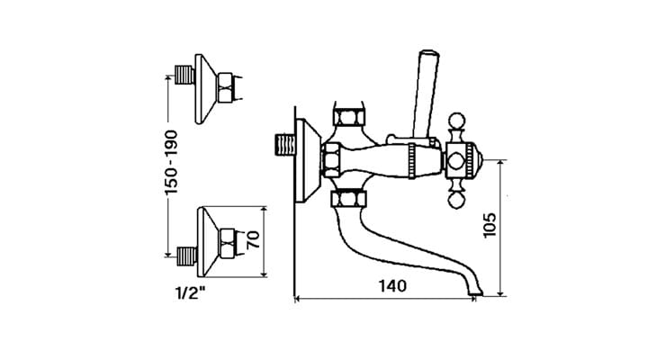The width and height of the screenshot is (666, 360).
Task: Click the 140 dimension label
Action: [x=391, y=286]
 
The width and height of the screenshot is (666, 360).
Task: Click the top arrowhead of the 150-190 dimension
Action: [x=167, y=79]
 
